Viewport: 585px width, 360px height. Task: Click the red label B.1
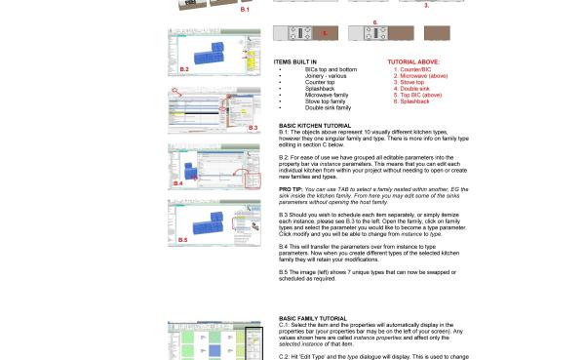click(245, 10)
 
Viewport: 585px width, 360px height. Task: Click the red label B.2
click(184, 69)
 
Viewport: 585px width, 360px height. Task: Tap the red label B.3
click(252, 128)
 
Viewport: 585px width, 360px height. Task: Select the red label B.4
click(178, 182)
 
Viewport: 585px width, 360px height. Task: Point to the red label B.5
click(183, 238)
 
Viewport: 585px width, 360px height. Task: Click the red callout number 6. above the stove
click(374, 20)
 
